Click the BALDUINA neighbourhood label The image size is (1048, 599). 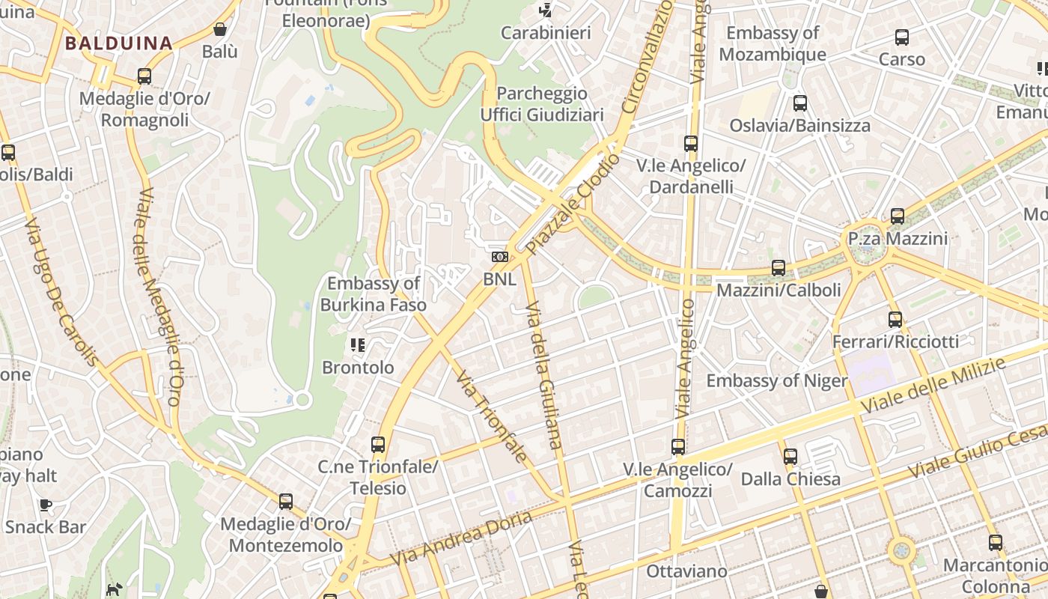click(x=118, y=43)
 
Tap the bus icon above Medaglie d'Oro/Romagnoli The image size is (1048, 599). click(x=144, y=76)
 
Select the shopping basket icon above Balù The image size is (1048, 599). click(x=220, y=30)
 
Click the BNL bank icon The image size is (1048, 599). click(x=499, y=257)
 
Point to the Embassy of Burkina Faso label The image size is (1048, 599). click(x=374, y=294)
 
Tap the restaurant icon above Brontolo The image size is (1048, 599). click(x=358, y=345)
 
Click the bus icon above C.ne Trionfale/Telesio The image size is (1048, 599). click(x=378, y=445)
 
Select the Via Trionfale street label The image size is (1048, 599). click(x=491, y=416)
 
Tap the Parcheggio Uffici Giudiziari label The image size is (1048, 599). click(x=542, y=104)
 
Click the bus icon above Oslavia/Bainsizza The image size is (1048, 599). click(x=800, y=103)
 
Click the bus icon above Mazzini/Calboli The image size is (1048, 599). click(x=779, y=268)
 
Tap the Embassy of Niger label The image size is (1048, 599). click(x=777, y=381)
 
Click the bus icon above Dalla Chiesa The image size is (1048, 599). click(x=790, y=457)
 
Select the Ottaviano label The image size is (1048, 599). click(x=686, y=571)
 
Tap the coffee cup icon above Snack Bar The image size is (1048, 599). click(x=46, y=505)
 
